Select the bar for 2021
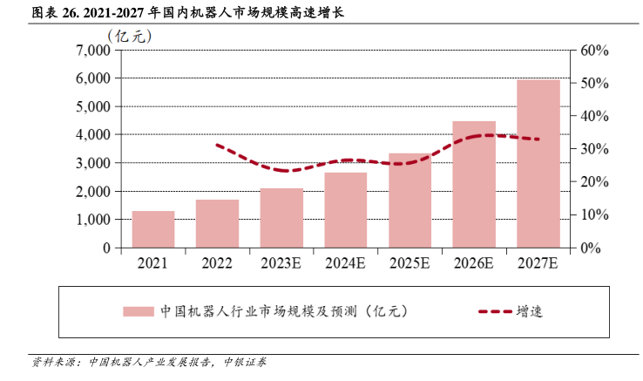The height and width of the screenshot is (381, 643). (x=153, y=229)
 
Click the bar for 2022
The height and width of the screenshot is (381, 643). (x=217, y=224)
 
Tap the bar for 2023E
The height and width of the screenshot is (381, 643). (x=281, y=218)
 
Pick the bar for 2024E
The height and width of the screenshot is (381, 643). (x=346, y=210)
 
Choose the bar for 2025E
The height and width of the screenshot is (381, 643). (x=409, y=201)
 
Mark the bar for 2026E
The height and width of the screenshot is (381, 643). (x=474, y=184)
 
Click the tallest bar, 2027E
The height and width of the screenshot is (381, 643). (x=538, y=164)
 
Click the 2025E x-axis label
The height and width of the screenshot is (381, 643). (x=409, y=262)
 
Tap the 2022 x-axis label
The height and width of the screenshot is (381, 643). (x=217, y=262)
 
